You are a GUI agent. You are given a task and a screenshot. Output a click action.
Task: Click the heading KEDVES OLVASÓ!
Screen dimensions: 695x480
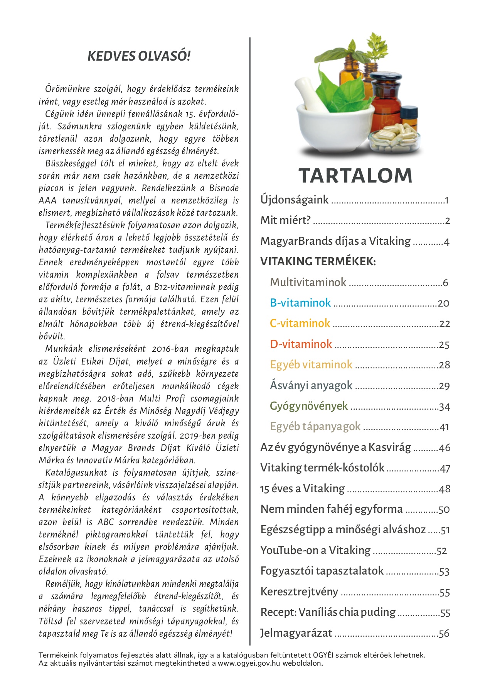pyautogui.click(x=139, y=56)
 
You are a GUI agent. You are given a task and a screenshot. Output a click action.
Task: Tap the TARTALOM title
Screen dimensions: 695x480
pyautogui.click(x=355, y=176)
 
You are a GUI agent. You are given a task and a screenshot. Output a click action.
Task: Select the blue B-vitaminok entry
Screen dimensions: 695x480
pyautogui.click(x=300, y=303)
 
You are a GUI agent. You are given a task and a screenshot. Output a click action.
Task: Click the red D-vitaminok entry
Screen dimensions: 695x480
pyautogui.click(x=301, y=344)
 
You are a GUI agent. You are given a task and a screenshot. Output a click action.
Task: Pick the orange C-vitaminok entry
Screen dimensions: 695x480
pyautogui.click(x=300, y=323)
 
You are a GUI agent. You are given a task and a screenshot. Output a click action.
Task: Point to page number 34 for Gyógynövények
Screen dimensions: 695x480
pyautogui.click(x=445, y=407)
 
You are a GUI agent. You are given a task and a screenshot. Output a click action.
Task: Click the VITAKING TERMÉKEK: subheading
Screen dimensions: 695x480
pyautogui.click(x=318, y=261)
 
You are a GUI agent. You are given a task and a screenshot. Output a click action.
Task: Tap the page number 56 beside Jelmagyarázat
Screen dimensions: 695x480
pyautogui.click(x=444, y=634)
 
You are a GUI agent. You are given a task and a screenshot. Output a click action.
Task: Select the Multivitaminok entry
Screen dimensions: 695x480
pyautogui.click(x=308, y=282)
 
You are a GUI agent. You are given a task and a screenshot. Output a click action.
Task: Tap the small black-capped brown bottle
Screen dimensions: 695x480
pyautogui.click(x=409, y=116)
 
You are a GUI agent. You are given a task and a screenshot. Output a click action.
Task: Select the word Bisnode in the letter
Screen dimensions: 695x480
pyautogui.click(x=224, y=188)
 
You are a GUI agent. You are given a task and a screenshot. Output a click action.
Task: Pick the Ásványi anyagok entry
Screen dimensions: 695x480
pyautogui.click(x=311, y=385)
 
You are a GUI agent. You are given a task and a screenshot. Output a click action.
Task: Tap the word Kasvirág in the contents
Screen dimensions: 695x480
pyautogui.click(x=390, y=448)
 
